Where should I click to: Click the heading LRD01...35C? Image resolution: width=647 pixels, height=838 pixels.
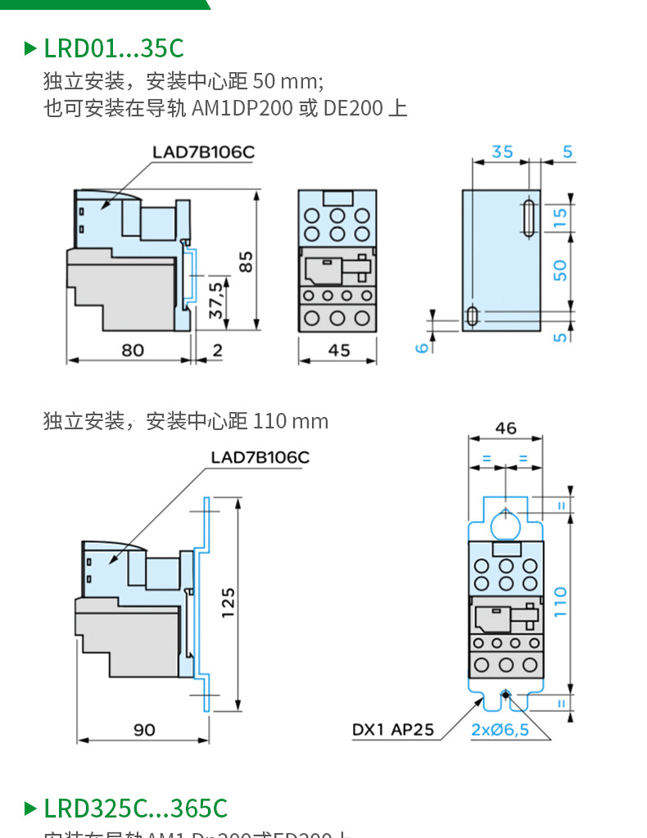click(113, 48)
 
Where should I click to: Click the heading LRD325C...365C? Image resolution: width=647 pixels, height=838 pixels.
click(135, 809)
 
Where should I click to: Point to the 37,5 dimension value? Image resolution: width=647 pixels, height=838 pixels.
click(215, 301)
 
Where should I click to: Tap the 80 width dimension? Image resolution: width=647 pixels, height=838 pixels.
click(133, 350)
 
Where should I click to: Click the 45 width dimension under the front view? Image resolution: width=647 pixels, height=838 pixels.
click(338, 350)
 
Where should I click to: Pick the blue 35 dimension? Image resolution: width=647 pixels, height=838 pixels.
click(502, 152)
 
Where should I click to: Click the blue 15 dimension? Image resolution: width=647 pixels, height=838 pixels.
click(560, 218)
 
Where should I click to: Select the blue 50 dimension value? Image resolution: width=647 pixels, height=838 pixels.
click(560, 271)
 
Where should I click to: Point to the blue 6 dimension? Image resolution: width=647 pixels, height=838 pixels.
click(422, 347)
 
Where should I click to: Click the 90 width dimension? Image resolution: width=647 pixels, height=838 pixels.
click(144, 729)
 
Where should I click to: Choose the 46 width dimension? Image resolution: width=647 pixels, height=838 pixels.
click(506, 428)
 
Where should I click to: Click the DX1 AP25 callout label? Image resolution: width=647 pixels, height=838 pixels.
click(393, 729)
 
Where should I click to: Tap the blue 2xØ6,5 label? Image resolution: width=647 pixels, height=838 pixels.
click(500, 729)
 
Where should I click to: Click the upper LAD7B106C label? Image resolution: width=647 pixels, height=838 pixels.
click(203, 152)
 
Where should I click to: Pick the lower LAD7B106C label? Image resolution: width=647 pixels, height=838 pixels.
click(260, 457)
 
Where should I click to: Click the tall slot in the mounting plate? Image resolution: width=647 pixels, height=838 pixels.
click(528, 218)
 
